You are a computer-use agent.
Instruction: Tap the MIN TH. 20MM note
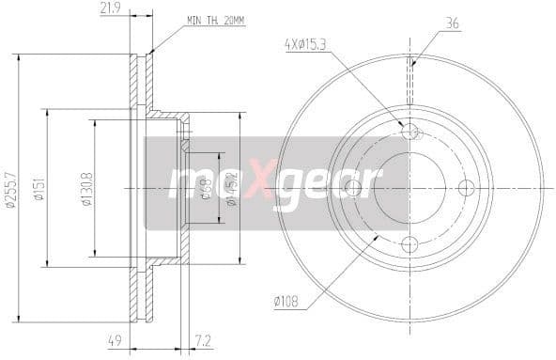point(215,20)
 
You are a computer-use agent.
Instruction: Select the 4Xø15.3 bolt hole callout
point(308,43)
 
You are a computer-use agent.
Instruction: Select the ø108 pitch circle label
point(286,302)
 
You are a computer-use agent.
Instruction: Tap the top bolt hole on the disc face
point(409,131)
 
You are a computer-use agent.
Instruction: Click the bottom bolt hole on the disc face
point(409,245)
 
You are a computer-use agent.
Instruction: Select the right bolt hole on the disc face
point(467,188)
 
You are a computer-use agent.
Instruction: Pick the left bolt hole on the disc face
point(352,188)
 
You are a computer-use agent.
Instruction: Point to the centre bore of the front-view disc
point(409,188)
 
